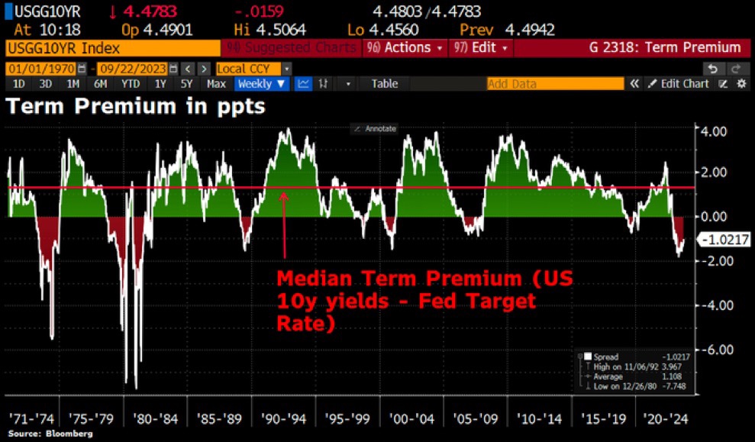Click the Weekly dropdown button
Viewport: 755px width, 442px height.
click(262, 84)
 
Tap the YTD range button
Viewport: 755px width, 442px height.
click(131, 84)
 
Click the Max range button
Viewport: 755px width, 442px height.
click(216, 84)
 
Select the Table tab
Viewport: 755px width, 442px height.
click(385, 84)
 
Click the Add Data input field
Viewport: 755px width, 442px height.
click(554, 84)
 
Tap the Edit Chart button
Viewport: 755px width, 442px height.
click(679, 84)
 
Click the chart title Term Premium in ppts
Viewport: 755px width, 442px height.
click(136, 107)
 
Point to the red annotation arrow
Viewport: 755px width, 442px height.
click(284, 225)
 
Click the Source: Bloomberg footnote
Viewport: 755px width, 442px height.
click(50, 434)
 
